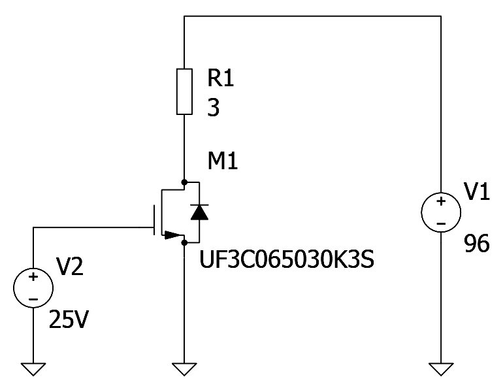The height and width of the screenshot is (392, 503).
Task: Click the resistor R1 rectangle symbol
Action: [185, 91]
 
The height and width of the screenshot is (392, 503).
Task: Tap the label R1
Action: [220, 78]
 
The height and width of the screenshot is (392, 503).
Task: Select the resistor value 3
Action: [214, 108]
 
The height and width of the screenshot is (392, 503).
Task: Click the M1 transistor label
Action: [222, 160]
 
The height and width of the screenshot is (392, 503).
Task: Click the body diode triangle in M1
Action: [199, 212]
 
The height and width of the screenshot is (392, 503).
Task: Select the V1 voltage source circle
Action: [442, 213]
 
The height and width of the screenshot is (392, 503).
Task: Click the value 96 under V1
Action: [477, 244]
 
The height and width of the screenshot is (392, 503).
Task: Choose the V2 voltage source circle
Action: [33, 288]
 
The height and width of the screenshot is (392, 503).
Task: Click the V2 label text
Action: [70, 267]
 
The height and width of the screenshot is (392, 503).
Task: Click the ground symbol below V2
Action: [33, 369]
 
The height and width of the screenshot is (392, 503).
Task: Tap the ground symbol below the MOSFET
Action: [185, 369]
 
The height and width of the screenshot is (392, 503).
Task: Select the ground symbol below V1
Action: [442, 369]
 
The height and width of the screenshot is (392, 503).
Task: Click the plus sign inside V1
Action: [442, 201]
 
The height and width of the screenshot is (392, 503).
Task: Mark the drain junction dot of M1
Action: [185, 181]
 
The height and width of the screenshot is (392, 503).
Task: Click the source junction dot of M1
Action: [185, 242]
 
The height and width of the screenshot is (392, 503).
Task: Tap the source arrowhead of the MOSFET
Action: [174, 235]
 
